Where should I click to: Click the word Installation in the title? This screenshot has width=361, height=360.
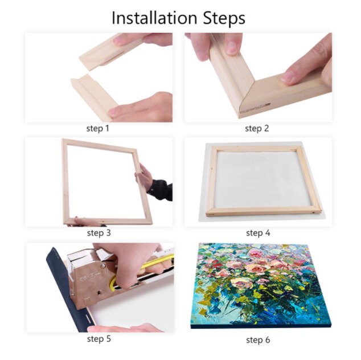[x=154, y=18]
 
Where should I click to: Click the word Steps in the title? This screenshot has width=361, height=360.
[x=224, y=19]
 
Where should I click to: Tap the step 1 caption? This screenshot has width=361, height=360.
[x=97, y=128]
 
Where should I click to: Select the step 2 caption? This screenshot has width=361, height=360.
[x=257, y=128]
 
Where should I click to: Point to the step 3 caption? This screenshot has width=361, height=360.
[x=99, y=233]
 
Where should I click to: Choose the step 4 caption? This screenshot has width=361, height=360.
[x=258, y=233]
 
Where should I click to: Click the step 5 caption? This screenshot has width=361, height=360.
[x=99, y=339]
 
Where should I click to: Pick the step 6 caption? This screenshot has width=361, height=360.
[x=258, y=340]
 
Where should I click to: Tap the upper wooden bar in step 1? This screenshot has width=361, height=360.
[x=110, y=54]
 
